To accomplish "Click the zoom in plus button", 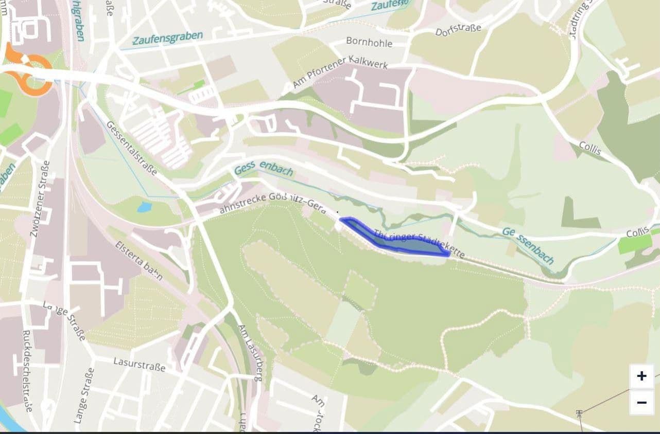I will point(641,376).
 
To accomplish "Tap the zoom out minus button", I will point(641,403).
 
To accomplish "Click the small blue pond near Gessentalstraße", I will point(144,207).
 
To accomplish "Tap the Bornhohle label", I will point(369,42).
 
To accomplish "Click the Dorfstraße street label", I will point(458,30).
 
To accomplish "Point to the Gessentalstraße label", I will point(132,148).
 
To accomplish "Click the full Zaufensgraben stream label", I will point(167,38).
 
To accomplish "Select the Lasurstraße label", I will point(140,364).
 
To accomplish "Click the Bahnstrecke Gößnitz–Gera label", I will point(272,204).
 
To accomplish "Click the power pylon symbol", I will point(580,413).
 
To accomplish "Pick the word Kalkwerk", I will point(367,63).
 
